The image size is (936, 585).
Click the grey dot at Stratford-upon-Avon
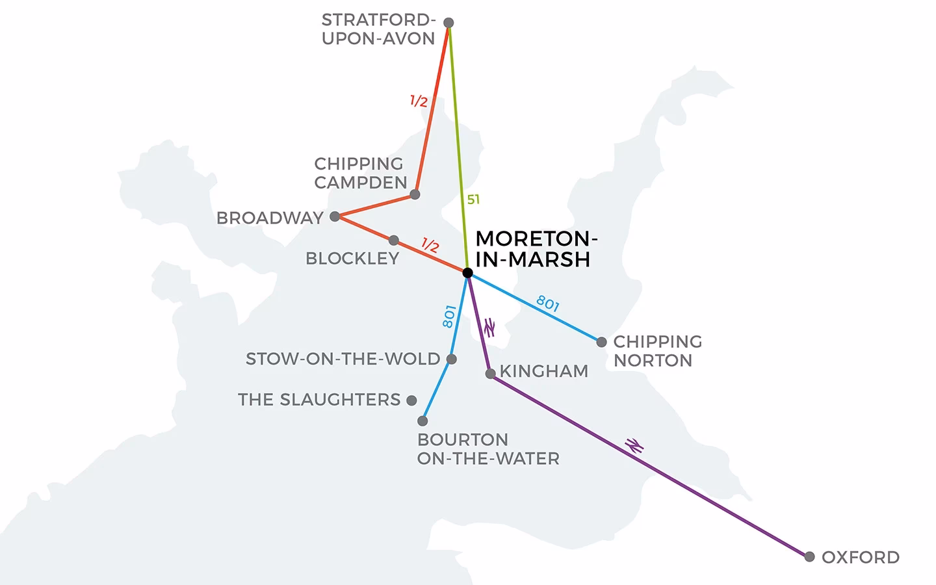click(x=448, y=23)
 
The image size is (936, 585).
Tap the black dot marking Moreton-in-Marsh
click(x=467, y=273)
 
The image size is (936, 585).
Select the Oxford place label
click(x=860, y=558)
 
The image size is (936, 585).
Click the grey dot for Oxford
click(x=809, y=557)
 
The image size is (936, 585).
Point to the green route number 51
click(x=473, y=200)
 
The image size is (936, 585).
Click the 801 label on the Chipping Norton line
click(x=547, y=304)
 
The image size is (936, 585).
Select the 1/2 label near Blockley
click(x=430, y=246)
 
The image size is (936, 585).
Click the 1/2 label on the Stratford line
click(x=419, y=101)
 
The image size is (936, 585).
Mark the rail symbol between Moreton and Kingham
click(x=489, y=328)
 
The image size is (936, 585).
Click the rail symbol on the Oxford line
click(x=634, y=445)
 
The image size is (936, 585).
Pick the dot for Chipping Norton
click(x=601, y=342)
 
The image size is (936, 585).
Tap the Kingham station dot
click(x=491, y=374)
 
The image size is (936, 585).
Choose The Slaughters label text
click(x=319, y=400)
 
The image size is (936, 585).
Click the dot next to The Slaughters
click(x=411, y=400)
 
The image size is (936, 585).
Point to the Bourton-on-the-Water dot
click(x=422, y=421)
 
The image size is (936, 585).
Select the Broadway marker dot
click(x=335, y=216)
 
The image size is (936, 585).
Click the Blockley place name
click(x=352, y=259)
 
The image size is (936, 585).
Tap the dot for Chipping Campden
click(x=415, y=194)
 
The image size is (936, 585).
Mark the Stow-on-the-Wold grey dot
click(x=452, y=359)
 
